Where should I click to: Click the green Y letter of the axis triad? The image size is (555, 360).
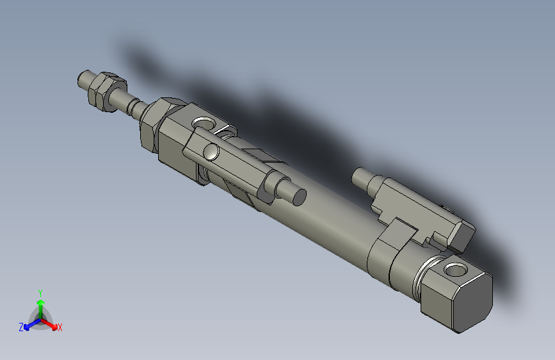point(40,291)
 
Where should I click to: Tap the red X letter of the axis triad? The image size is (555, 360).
point(60,328)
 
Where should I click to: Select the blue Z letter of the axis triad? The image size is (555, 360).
point(21,327)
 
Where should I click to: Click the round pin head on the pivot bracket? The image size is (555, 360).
point(211,152)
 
